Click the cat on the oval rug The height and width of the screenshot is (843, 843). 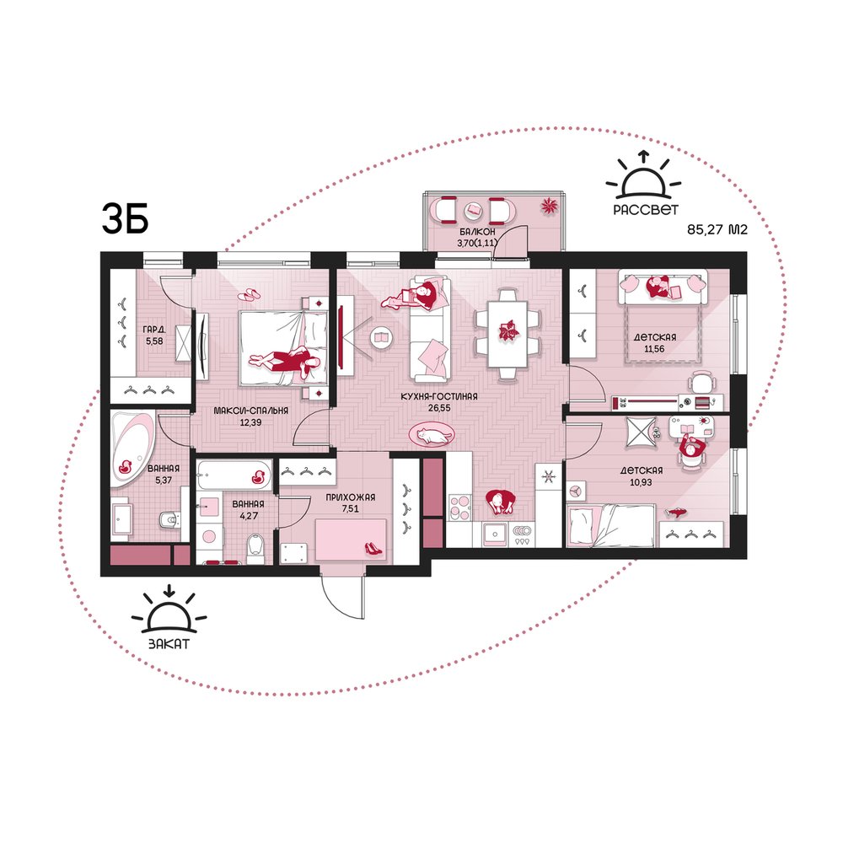[x=432, y=435]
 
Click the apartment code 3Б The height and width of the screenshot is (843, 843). [x=125, y=219]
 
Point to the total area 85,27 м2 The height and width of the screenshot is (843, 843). [x=717, y=229]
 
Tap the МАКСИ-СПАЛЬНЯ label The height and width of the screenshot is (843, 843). [x=250, y=411]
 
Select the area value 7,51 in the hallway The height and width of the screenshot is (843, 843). [x=350, y=508]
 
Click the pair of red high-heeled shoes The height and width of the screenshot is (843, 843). [x=374, y=549]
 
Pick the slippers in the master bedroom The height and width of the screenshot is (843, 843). [x=249, y=294]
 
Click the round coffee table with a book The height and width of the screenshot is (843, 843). [x=381, y=338]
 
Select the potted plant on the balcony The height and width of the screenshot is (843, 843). [x=549, y=206]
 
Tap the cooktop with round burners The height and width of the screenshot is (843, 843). [x=459, y=507]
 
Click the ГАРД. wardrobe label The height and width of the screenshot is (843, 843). [x=153, y=329]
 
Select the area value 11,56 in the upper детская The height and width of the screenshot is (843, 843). [x=654, y=349]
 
